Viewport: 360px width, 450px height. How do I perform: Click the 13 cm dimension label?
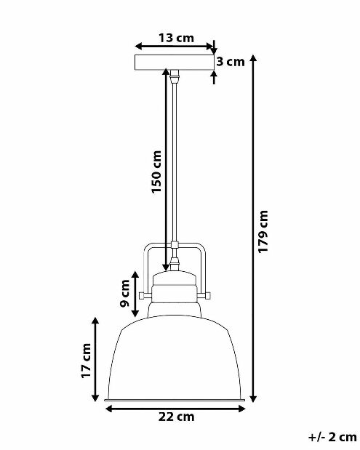(176, 38)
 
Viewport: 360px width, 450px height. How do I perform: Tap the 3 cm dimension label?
(231, 62)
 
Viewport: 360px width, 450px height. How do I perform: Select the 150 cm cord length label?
(157, 172)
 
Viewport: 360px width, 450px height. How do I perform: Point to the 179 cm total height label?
(263, 232)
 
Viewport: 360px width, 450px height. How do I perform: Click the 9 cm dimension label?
(125, 293)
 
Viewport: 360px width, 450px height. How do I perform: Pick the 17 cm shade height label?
(86, 361)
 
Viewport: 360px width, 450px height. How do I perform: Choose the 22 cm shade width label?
(176, 417)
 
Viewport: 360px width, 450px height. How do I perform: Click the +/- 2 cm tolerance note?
(332, 437)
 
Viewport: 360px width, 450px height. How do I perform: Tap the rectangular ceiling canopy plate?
(175, 62)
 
